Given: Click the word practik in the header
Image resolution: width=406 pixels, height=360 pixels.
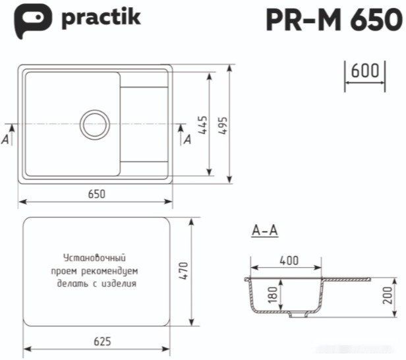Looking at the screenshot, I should tap(101, 18).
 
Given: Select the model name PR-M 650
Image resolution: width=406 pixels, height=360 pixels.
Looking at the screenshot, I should tap(332, 20).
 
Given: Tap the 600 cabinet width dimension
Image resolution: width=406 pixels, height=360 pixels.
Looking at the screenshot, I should tap(364, 71).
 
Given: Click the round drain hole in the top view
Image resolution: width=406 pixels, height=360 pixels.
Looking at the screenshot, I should tap(95, 123).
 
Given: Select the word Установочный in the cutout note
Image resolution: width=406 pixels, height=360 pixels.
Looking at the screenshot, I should tap(94, 258).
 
